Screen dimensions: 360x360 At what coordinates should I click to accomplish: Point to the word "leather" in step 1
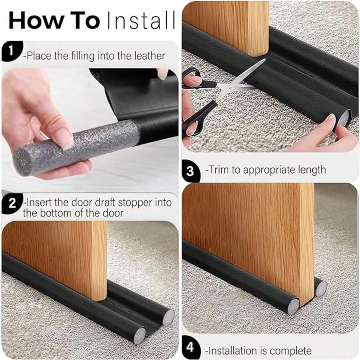coord(148,56)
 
